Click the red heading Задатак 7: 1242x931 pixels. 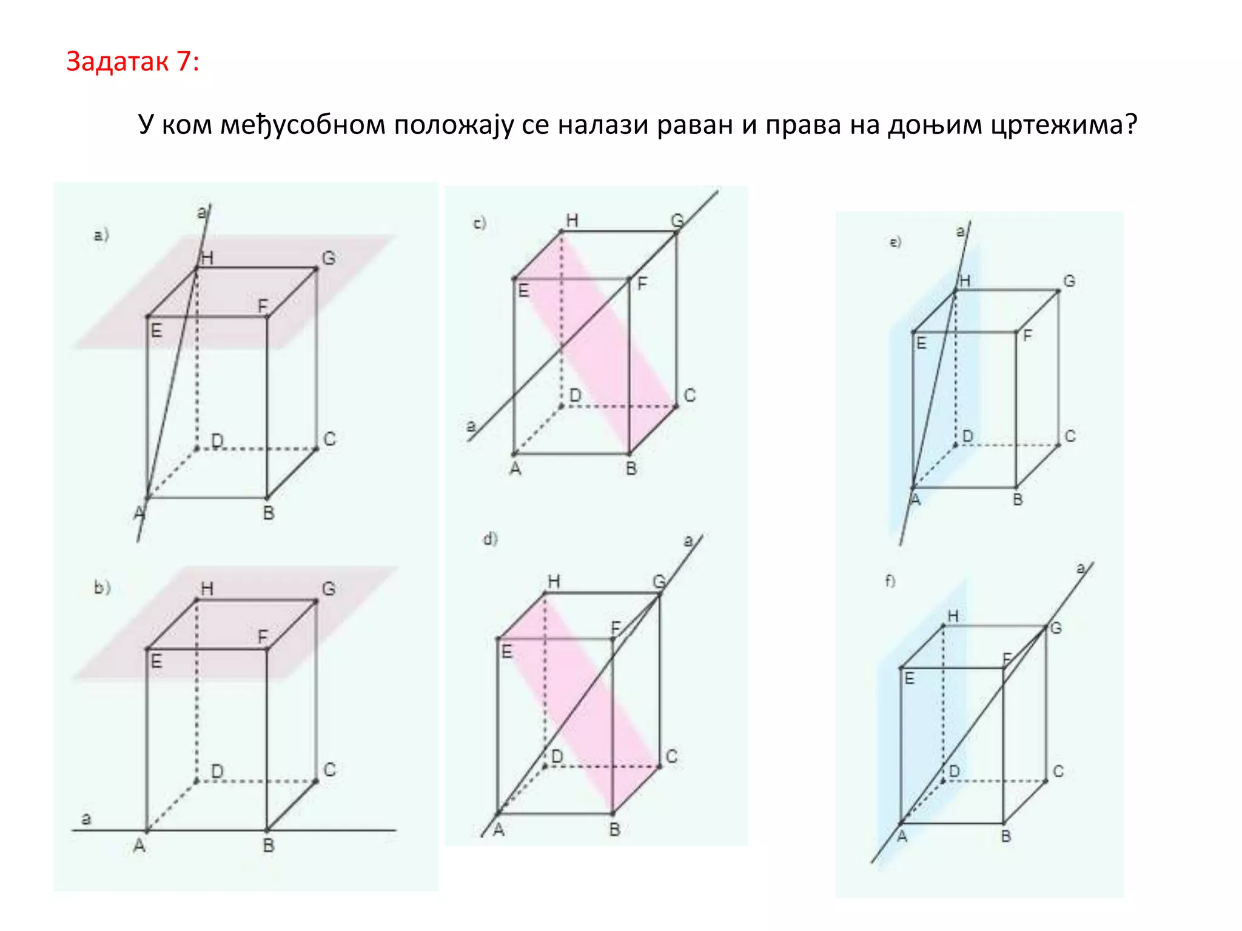coord(132,62)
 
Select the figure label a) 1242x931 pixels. coord(101,235)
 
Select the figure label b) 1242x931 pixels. coord(102,587)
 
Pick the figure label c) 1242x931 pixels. coord(480,224)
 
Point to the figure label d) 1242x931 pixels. coord(490,538)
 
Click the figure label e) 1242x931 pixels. coord(895,242)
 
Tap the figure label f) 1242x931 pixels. coord(890,581)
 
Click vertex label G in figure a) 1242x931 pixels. coord(329,258)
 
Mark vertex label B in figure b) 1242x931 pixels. coord(269,846)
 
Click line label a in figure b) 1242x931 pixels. coord(86,819)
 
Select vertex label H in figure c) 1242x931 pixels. coord(572,221)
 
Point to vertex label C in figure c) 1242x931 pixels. coord(690,395)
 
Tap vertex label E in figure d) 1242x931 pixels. coord(507,652)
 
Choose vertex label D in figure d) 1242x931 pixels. coord(557,756)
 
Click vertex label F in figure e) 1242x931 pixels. coord(1027,335)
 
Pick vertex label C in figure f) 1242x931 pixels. coord(1058,771)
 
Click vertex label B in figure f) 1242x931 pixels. coord(1006,836)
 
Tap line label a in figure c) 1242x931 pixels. coord(471,426)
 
